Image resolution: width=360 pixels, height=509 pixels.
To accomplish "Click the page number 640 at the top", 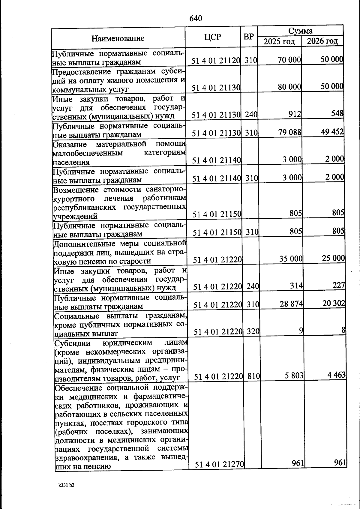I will click(196, 19).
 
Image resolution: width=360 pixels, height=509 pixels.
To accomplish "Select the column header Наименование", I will click(118, 38).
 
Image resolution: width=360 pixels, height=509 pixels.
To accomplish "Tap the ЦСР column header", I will click(212, 37).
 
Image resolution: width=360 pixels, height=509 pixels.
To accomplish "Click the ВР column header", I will click(248, 37).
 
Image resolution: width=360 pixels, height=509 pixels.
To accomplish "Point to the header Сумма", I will click(300, 31).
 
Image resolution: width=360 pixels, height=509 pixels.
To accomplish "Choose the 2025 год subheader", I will click(279, 41).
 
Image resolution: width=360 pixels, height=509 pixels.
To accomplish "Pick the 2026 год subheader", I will click(322, 41).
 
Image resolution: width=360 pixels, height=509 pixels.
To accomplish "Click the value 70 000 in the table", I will click(289, 60).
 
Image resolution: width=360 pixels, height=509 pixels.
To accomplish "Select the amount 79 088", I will click(290, 132).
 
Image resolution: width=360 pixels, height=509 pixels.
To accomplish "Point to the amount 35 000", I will click(291, 259).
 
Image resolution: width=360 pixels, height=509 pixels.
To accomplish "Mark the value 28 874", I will click(291, 304).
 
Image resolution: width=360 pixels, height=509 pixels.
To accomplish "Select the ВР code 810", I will click(253, 376).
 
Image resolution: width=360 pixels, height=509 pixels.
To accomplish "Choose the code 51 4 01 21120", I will click(216, 61).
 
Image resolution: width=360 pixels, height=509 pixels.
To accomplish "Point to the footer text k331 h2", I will click(66, 485).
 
